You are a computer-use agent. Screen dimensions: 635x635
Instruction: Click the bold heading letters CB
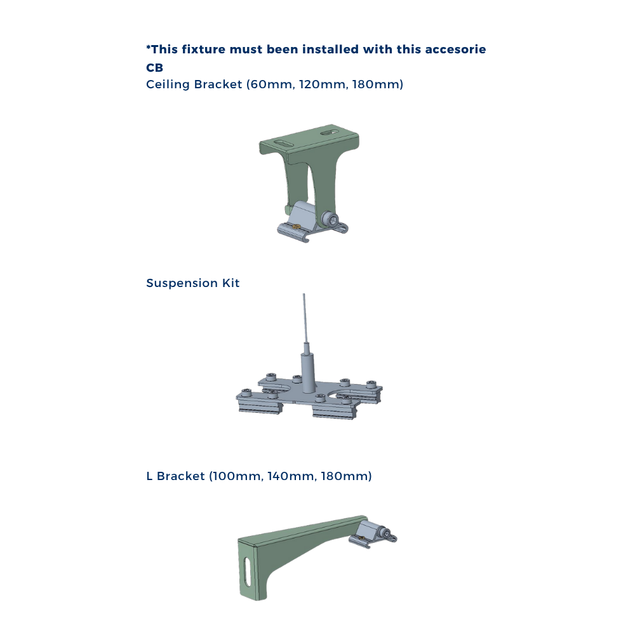[x=154, y=68]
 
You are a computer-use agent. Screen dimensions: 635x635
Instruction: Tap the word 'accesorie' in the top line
[x=455, y=49]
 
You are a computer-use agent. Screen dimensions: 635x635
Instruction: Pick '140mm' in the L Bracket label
[x=291, y=476]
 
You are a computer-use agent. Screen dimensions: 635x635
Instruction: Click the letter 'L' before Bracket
[x=149, y=476]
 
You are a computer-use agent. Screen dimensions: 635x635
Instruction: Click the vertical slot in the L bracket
[x=247, y=573]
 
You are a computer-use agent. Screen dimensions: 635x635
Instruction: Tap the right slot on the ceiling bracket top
[x=328, y=133]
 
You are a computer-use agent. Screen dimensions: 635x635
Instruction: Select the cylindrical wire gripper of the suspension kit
[x=306, y=371]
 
